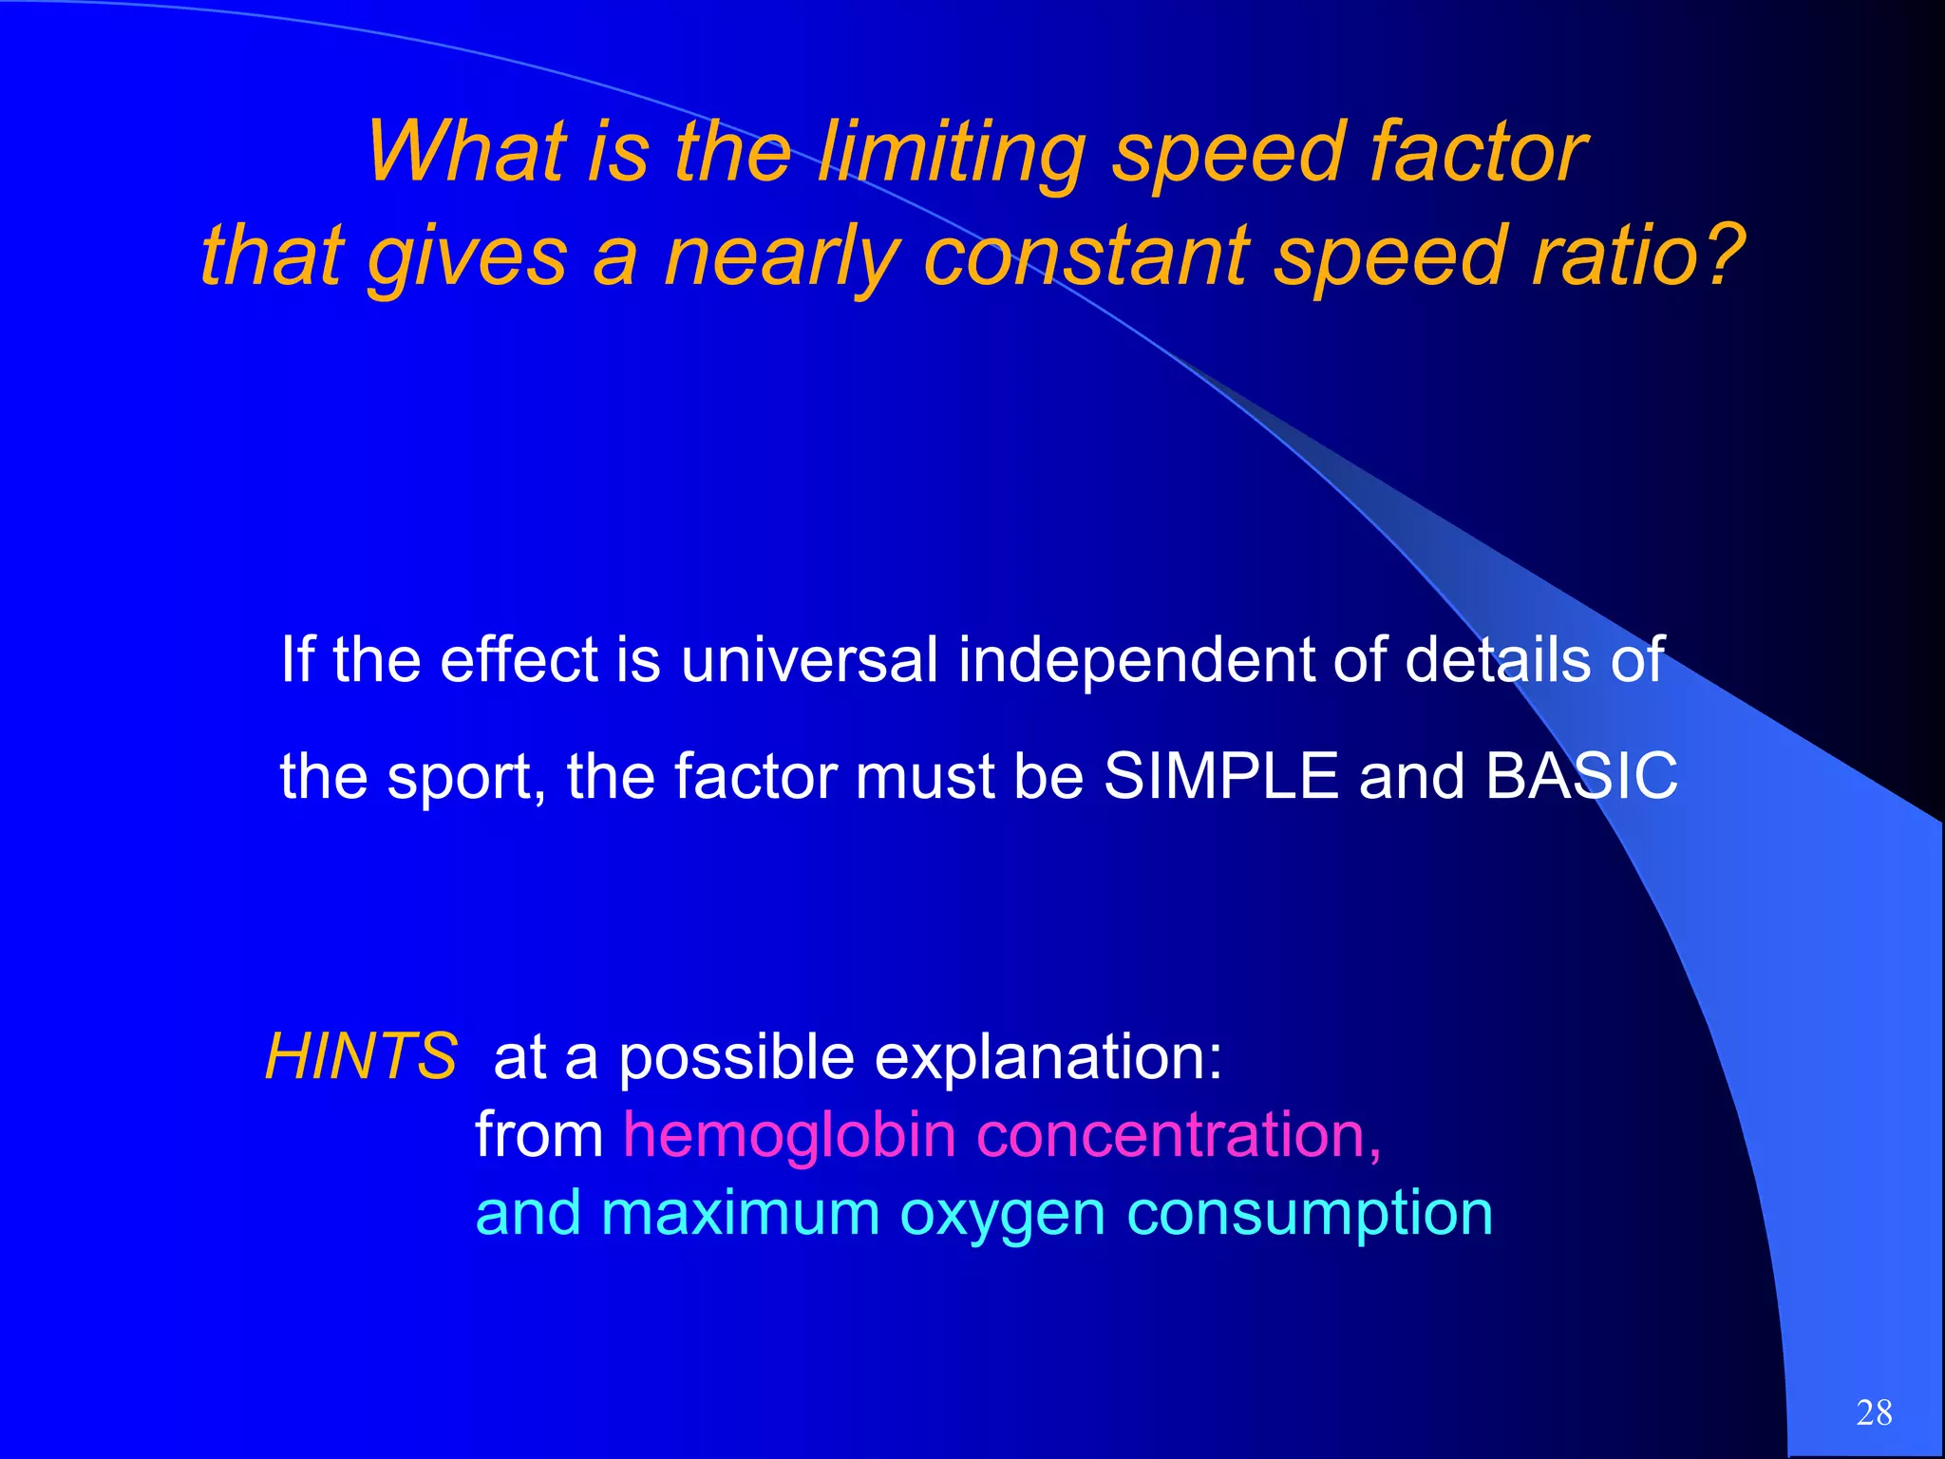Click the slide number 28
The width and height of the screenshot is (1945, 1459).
tap(1874, 1412)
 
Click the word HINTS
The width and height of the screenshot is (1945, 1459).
tap(362, 1056)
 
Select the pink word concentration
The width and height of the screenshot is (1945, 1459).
tap(1178, 1135)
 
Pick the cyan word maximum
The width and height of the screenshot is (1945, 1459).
tap(741, 1214)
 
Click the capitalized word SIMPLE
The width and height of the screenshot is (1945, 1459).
tap(1221, 776)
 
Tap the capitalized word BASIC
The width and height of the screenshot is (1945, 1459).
tap(1581, 776)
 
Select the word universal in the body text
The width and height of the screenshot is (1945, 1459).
tap(809, 660)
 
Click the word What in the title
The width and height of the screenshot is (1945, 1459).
tap(464, 152)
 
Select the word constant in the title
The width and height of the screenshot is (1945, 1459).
tap(1087, 256)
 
